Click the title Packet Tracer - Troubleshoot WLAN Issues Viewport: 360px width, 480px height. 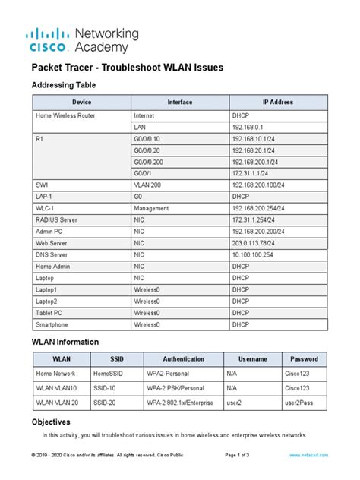pyautogui.click(x=127, y=68)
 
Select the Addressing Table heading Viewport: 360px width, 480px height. pyautogui.click(x=63, y=85)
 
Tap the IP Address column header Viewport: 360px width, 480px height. pyautogui.click(x=276, y=102)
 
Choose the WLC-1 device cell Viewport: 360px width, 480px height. pyautogui.click(x=45, y=207)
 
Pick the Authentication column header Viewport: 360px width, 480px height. pyautogui.click(x=184, y=359)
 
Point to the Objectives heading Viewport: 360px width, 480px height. pyautogui.click(x=51, y=421)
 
